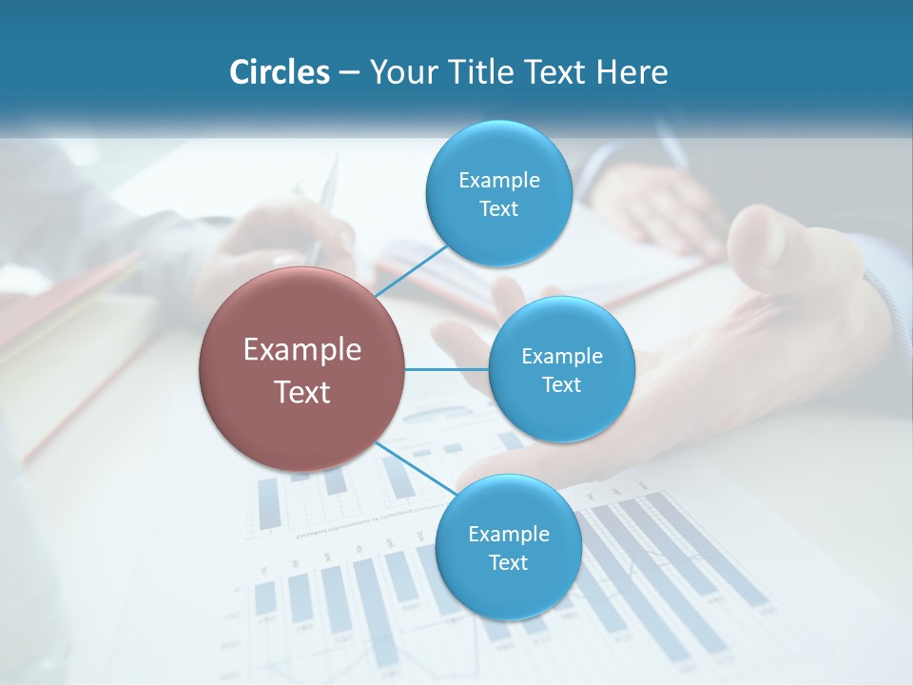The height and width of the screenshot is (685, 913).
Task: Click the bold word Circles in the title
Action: tap(280, 72)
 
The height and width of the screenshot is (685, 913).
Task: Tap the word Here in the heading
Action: tap(632, 72)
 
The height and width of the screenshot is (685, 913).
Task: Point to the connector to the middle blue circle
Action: tap(446, 368)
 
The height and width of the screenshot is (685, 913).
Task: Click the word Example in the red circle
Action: tap(302, 350)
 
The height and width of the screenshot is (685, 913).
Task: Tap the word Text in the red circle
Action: tap(302, 392)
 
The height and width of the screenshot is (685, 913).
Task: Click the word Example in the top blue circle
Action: tap(498, 181)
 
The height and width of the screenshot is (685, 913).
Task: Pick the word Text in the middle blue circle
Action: tap(561, 385)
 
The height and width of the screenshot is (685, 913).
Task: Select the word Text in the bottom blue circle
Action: tap(508, 563)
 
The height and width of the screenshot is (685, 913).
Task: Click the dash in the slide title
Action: tap(349, 72)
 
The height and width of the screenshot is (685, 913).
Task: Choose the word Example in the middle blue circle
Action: tap(561, 357)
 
